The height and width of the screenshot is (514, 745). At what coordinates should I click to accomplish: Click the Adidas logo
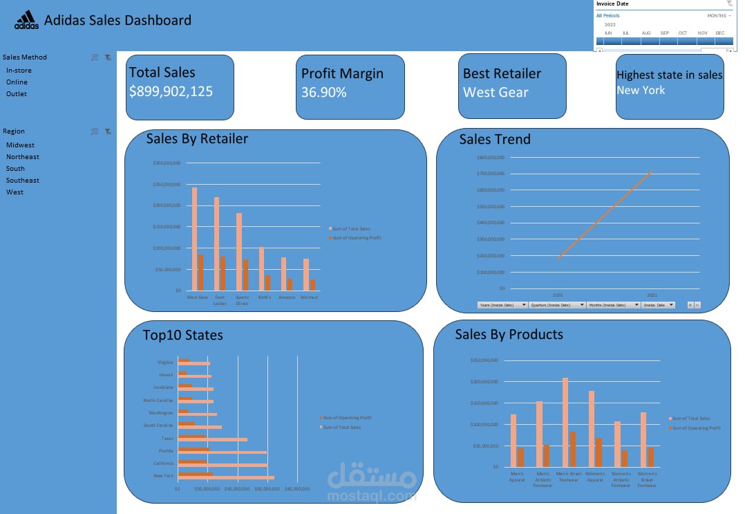tap(27, 20)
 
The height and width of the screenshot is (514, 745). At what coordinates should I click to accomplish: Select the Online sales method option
tap(17, 82)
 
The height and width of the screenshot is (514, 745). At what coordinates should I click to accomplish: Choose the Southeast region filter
tap(23, 180)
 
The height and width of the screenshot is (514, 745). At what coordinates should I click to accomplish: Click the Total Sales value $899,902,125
tap(171, 91)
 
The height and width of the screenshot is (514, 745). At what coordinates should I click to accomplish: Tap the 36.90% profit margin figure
tap(324, 92)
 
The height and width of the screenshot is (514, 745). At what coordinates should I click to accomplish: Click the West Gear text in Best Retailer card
tap(496, 92)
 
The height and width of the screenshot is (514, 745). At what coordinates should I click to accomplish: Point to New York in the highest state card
tap(641, 90)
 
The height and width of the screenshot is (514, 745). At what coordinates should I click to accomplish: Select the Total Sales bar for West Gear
tap(195, 239)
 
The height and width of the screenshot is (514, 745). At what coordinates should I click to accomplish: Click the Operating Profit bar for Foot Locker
tap(223, 273)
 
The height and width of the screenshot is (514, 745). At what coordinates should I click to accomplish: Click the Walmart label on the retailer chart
tap(309, 297)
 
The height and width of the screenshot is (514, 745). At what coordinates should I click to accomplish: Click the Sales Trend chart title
tap(495, 139)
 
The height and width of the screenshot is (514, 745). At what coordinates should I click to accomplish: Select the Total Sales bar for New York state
tap(226, 477)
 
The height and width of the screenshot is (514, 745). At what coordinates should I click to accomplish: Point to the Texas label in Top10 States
tap(168, 438)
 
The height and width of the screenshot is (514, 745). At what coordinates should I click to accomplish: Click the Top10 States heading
tap(182, 336)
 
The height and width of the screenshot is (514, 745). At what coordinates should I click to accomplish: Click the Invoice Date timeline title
tap(612, 4)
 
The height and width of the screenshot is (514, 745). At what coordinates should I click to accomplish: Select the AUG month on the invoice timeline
tap(645, 33)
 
